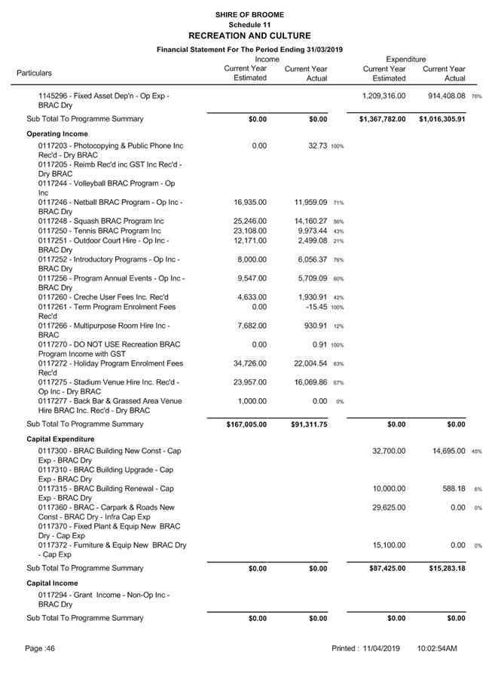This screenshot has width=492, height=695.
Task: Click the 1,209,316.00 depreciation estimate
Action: (x=384, y=96)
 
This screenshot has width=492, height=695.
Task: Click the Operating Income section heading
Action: (x=57, y=133)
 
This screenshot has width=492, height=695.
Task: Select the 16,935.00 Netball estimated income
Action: (x=250, y=202)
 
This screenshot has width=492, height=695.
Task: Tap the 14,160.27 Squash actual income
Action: (x=306, y=221)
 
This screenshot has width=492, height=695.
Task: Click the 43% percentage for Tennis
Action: (x=338, y=231)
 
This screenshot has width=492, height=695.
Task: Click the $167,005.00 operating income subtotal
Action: (x=246, y=424)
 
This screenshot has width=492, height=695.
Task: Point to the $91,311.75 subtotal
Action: (x=309, y=424)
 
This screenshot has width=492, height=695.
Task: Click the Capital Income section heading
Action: (x=52, y=583)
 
